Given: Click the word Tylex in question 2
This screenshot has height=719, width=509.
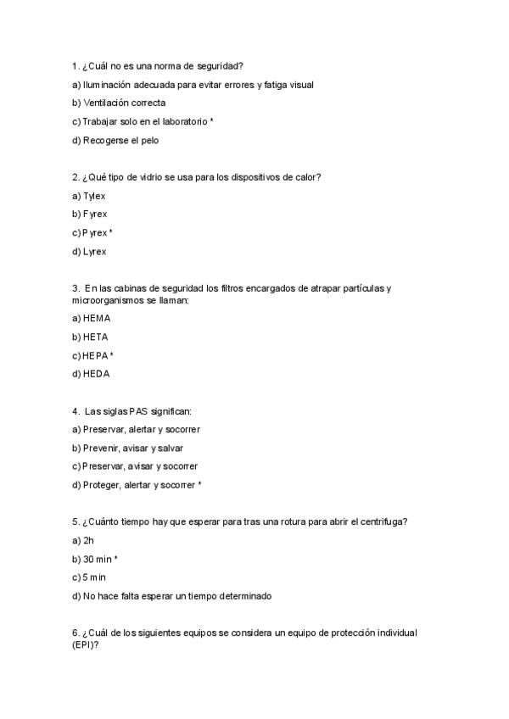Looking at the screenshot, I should (94, 196).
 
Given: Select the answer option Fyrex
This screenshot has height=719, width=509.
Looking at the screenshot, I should (95, 215).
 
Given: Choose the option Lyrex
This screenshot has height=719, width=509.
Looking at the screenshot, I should (95, 252).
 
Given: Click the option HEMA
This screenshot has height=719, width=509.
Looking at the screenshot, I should (97, 318).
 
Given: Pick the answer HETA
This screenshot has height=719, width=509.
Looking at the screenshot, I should (96, 337).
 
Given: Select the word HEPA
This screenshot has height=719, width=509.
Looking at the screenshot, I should (95, 355).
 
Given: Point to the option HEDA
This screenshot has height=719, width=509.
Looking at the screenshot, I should (97, 374).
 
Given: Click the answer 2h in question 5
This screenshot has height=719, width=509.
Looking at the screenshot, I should (88, 540).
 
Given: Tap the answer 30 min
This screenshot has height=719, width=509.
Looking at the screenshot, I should (97, 559).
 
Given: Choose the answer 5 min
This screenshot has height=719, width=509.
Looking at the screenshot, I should (94, 577).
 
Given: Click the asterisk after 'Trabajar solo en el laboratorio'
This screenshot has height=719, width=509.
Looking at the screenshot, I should (211, 121).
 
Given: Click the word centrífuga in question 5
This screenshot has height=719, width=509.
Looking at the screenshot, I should (384, 521).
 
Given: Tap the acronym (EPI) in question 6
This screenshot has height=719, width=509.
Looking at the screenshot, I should (84, 644).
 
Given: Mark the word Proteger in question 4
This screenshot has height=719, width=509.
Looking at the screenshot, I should (101, 485).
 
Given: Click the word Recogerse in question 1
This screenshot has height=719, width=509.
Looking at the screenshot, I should (105, 140).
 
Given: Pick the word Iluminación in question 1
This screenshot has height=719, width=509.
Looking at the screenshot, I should (107, 84).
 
